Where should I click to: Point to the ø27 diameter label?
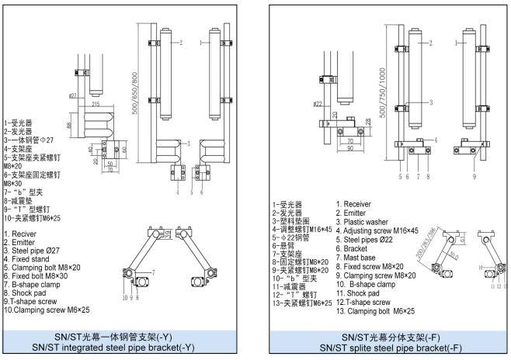(72, 96)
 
